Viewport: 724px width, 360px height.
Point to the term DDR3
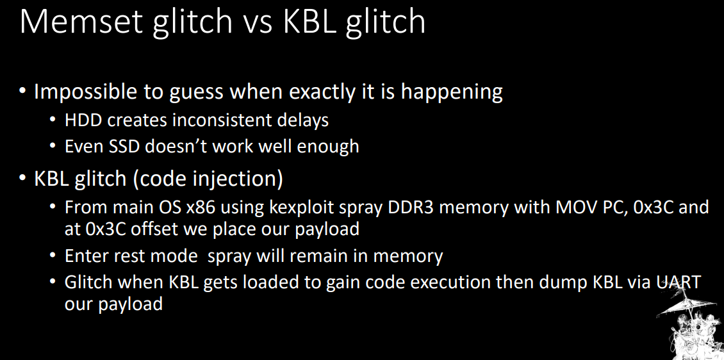410,208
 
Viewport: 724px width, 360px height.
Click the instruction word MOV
575,208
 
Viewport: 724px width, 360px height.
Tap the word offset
156,229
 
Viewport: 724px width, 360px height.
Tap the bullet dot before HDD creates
54,121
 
